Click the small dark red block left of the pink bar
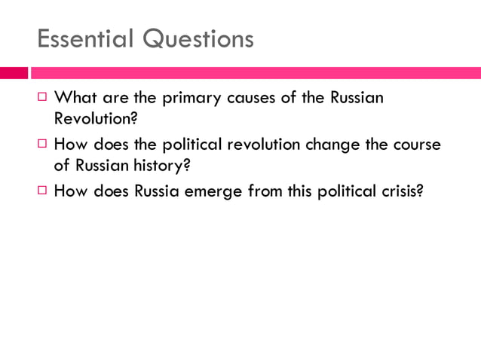click(13, 73)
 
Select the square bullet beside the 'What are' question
click(44, 98)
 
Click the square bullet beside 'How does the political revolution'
click(44, 145)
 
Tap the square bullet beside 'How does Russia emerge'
click(44, 191)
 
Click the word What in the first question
click(75, 98)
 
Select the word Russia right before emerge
click(160, 191)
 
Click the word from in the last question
click(265, 191)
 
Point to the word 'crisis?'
click(402, 191)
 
